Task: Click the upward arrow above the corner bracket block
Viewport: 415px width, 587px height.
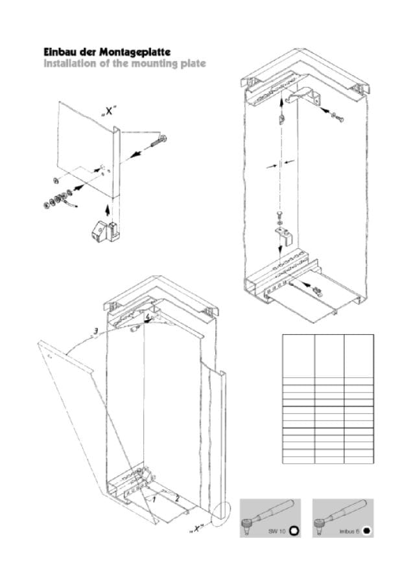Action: [x=108, y=209]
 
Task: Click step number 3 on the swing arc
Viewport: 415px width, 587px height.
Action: [x=96, y=331]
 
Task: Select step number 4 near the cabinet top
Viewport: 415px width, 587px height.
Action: [x=148, y=317]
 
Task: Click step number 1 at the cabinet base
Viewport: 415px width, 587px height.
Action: [x=154, y=500]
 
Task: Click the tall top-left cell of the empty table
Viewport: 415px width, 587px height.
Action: [x=298, y=356]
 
